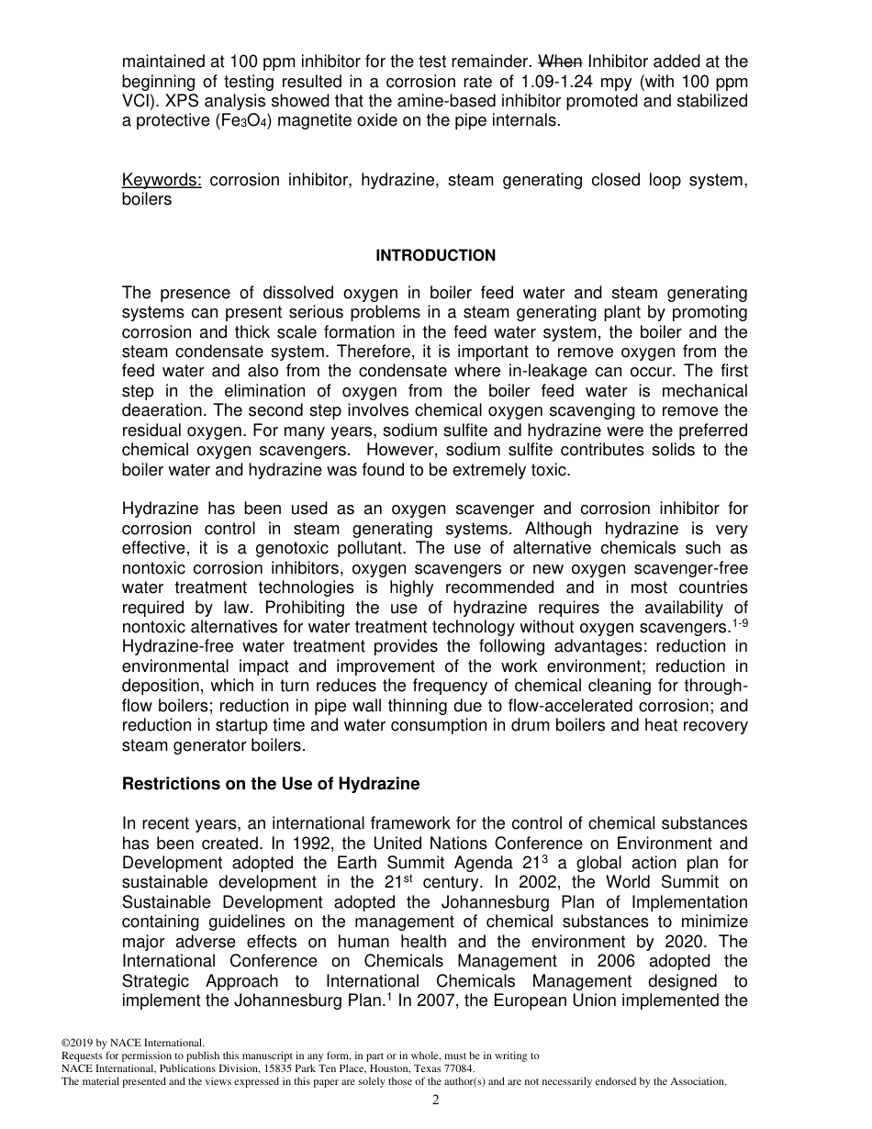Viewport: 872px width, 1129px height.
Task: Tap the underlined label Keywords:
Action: tap(162, 180)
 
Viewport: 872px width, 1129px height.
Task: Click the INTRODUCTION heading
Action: tap(435, 255)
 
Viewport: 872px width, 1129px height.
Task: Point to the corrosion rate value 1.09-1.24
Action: tap(563, 81)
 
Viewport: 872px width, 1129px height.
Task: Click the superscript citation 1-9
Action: tap(738, 623)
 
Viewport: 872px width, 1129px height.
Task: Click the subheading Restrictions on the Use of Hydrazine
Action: tap(271, 784)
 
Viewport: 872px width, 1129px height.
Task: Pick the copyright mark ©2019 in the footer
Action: tap(80, 1043)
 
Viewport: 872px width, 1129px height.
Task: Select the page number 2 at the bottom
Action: tap(436, 1101)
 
